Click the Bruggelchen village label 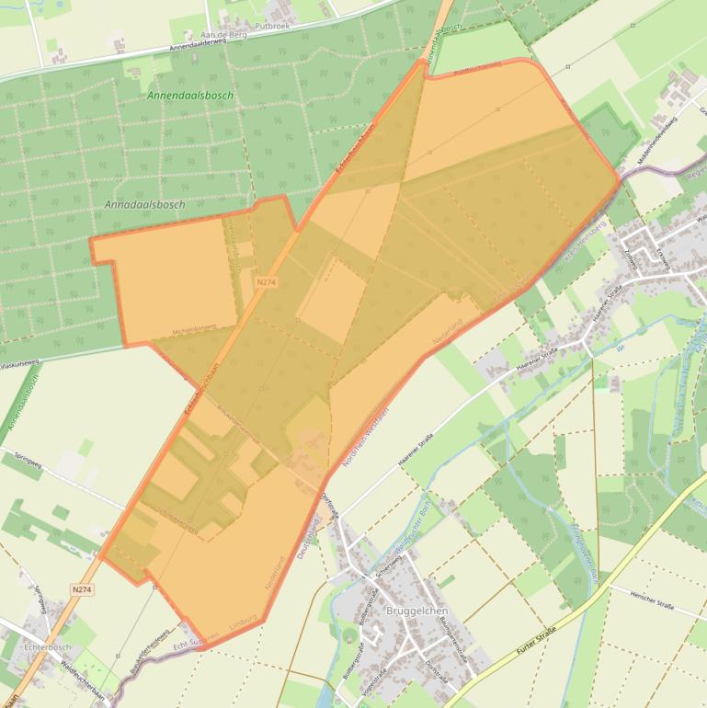coord(390,611)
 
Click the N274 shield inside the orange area coord(267,282)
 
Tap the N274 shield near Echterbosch coord(82,589)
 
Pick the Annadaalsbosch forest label coord(144,205)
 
